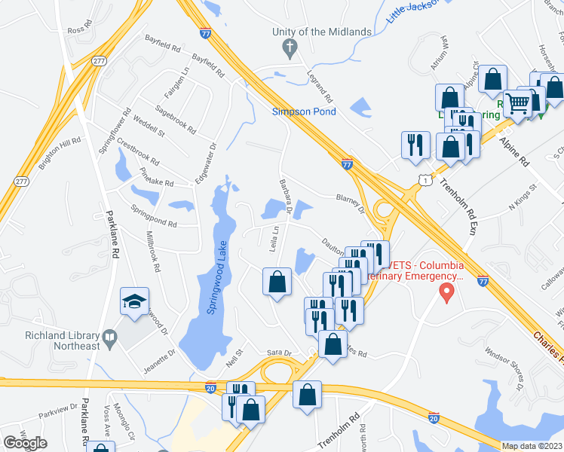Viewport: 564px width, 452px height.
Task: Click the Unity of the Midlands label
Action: pyautogui.click(x=323, y=32)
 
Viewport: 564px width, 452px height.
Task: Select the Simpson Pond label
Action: pyautogui.click(x=304, y=112)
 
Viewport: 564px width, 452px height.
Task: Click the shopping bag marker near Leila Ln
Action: pyautogui.click(x=277, y=282)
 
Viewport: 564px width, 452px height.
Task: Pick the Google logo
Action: pyautogui.click(x=26, y=443)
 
